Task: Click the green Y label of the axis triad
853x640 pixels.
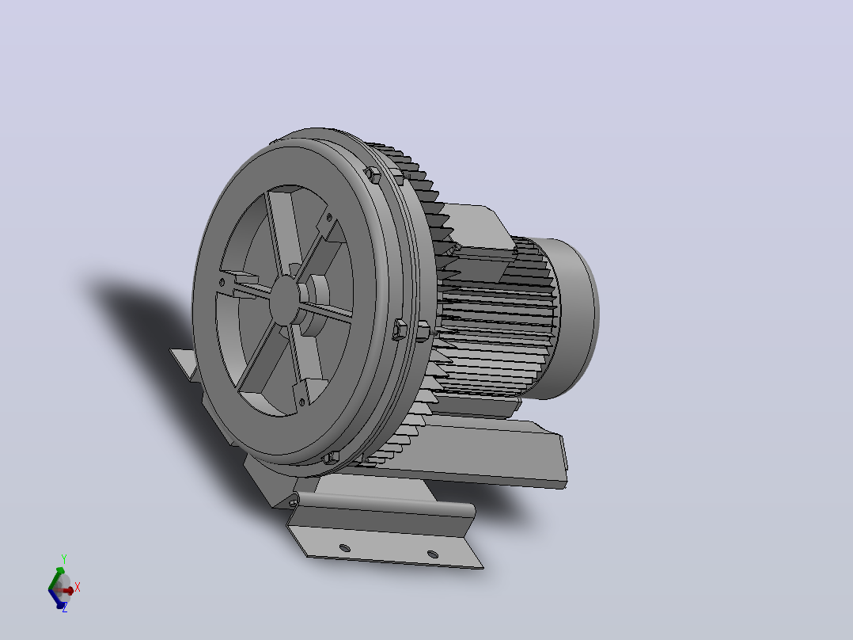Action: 64,559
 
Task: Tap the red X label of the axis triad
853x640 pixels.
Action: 78,587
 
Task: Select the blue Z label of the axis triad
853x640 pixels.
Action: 65,608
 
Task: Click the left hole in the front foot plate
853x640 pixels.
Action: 344,547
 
